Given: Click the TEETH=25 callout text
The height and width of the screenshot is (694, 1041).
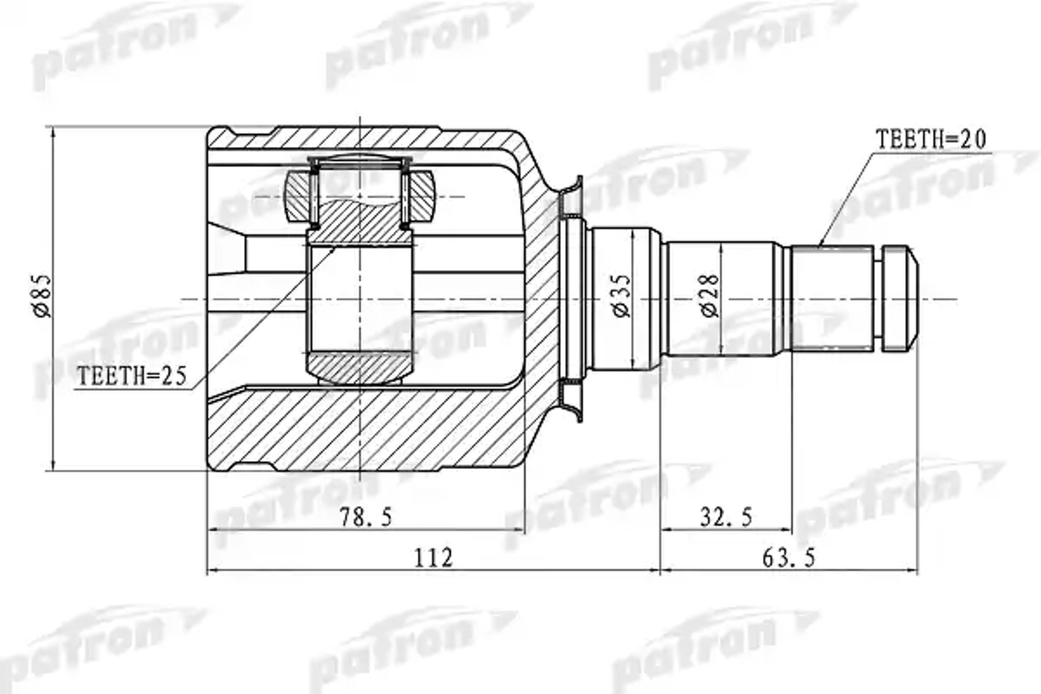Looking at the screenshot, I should pos(132,376).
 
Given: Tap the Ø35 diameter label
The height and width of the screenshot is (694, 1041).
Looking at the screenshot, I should pos(622,296).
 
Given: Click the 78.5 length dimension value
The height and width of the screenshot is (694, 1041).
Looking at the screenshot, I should pos(366,517).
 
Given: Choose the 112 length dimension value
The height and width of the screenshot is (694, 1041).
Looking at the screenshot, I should pos(433,558).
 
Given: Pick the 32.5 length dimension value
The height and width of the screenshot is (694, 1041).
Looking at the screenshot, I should pos(726,517).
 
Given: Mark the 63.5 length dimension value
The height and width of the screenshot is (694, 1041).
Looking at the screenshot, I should pos(788,558).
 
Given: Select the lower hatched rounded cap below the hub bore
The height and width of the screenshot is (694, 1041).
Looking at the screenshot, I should pos(360,367).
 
